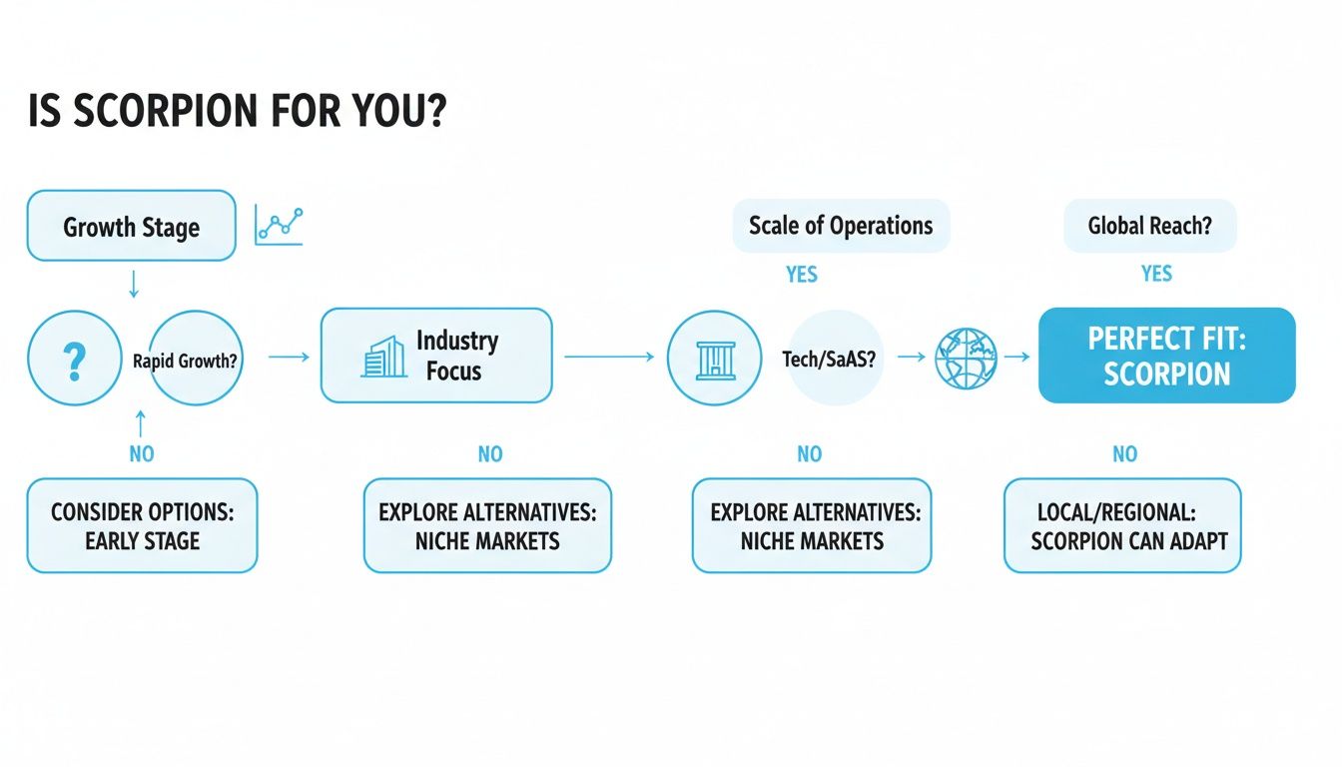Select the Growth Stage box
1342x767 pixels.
(x=131, y=227)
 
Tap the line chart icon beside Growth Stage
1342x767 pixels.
(x=279, y=225)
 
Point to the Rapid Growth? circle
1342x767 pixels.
(x=196, y=360)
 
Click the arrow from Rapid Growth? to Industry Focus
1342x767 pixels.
(x=290, y=356)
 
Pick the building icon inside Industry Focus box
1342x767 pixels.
(x=383, y=357)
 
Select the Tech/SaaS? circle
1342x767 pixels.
(x=830, y=360)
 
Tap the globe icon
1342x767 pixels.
(x=966, y=358)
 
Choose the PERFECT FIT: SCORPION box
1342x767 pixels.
(x=1166, y=356)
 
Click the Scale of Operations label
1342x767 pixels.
(x=841, y=225)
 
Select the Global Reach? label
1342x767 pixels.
(x=1149, y=225)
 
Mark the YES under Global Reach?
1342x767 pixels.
(x=1156, y=274)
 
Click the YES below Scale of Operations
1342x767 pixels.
(x=801, y=274)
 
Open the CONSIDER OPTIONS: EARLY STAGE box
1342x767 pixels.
(x=142, y=526)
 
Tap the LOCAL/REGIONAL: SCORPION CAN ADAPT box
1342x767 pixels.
(x=1122, y=526)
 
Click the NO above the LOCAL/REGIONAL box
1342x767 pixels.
(x=1124, y=454)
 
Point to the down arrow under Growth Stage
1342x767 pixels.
(x=134, y=285)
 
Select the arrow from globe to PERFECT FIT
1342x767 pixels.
(x=1016, y=357)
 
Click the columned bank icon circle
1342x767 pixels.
(x=714, y=359)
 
